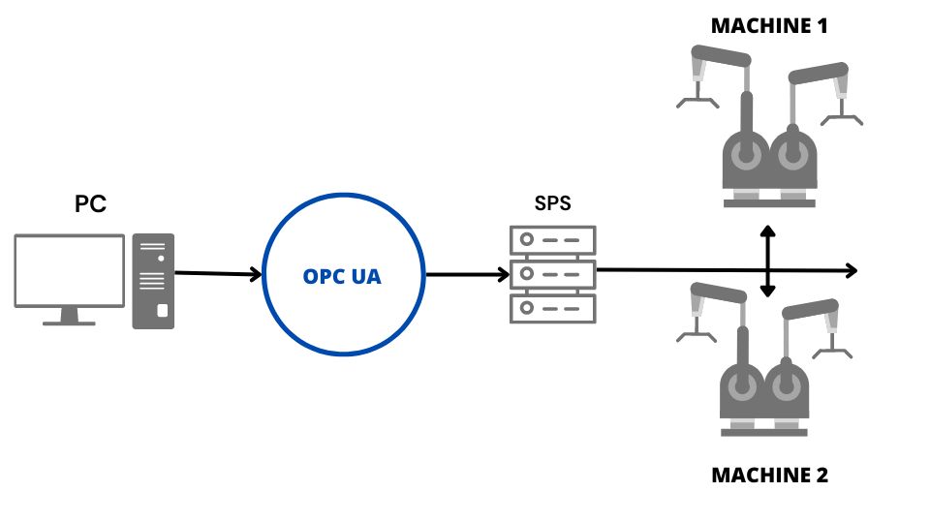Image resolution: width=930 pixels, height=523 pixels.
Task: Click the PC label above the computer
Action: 90,204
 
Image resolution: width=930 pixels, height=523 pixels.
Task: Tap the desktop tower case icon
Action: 153,280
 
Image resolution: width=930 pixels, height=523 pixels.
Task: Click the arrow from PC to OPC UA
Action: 219,274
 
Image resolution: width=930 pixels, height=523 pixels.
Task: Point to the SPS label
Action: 553,204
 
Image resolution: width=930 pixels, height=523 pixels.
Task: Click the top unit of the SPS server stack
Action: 553,238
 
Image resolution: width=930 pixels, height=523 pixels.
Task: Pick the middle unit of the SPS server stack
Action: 553,273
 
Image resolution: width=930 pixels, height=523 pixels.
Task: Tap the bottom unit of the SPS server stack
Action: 553,308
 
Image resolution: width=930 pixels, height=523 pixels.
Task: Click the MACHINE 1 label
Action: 769,26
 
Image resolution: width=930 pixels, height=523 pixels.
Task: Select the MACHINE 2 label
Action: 769,476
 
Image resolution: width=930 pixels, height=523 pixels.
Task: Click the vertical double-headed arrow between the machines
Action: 767,261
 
